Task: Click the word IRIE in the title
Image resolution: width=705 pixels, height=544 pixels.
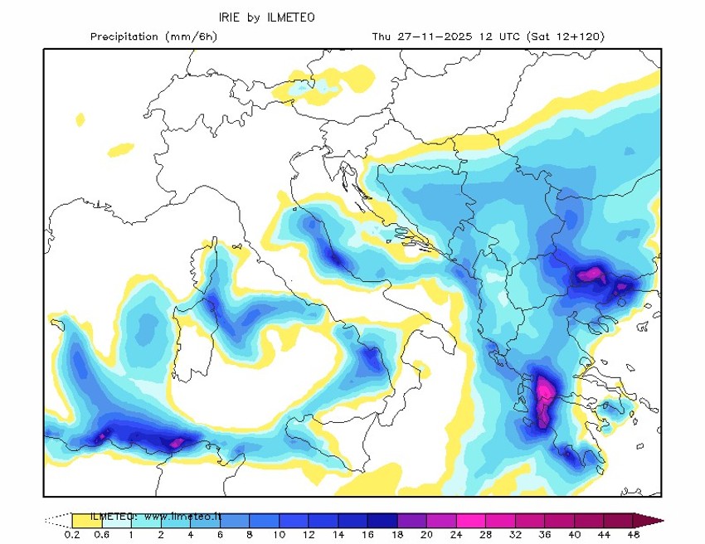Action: click(x=230, y=17)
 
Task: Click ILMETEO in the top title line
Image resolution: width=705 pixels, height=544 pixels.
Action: click(x=291, y=17)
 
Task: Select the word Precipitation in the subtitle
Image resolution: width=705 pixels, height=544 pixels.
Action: click(x=124, y=36)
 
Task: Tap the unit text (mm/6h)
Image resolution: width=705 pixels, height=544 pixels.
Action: click(x=192, y=36)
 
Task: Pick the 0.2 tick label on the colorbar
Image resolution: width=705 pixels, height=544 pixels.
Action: click(x=72, y=535)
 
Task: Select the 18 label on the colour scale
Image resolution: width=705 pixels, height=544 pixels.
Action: click(x=397, y=535)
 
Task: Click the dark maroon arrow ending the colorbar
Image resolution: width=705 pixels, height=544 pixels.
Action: click(x=650, y=521)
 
